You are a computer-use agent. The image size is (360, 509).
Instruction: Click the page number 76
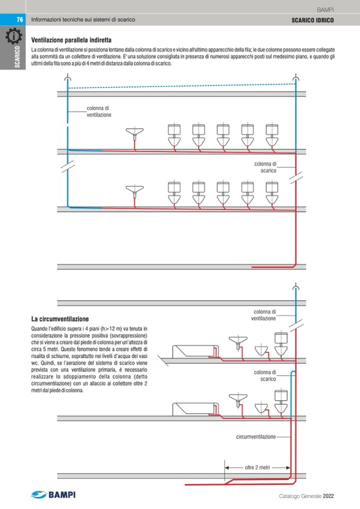pos(19,20)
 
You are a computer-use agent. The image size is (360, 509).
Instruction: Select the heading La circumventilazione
pos(60,319)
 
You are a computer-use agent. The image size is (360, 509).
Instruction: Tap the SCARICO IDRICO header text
pos(313,20)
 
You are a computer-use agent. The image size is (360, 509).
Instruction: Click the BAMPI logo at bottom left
pos(53,495)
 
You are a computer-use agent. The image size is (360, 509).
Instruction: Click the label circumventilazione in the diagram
pos(256,436)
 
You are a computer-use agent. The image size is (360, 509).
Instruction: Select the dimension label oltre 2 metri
pos(257,468)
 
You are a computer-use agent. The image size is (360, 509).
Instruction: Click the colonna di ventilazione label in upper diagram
pos(99,111)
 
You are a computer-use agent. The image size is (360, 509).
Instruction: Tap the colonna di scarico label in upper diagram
pos(265,167)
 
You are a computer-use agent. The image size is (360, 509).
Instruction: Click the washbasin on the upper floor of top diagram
pos(136,133)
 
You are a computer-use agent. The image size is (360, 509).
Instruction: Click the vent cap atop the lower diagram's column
pos(296,288)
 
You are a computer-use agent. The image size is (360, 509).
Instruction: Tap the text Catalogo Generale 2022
pos(306,496)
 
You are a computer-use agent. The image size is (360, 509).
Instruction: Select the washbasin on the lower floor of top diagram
pos(136,189)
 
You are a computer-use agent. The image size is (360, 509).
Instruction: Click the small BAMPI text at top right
pos(324,10)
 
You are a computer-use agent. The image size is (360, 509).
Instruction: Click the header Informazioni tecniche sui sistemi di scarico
pos(83,20)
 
